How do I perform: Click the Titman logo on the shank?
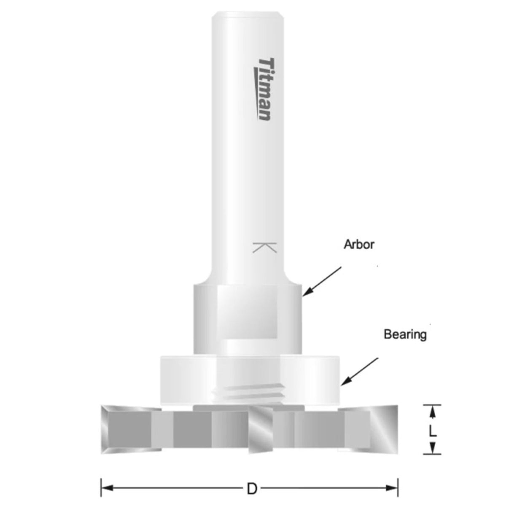(x=264, y=89)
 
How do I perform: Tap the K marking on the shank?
(x=264, y=248)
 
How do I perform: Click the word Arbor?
(x=359, y=245)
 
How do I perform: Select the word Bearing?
(x=405, y=334)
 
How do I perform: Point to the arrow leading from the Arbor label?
(x=322, y=281)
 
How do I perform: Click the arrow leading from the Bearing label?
(x=359, y=372)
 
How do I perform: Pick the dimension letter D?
(x=252, y=489)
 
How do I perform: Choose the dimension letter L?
(x=432, y=430)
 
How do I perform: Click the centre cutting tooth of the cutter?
(x=261, y=430)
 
